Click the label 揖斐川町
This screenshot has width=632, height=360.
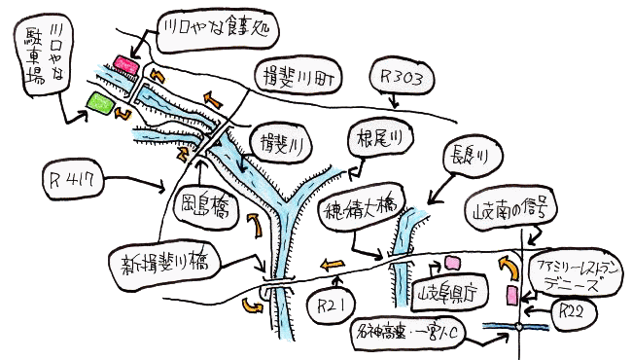tap(297, 75)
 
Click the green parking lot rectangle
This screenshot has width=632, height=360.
tap(98, 100)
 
